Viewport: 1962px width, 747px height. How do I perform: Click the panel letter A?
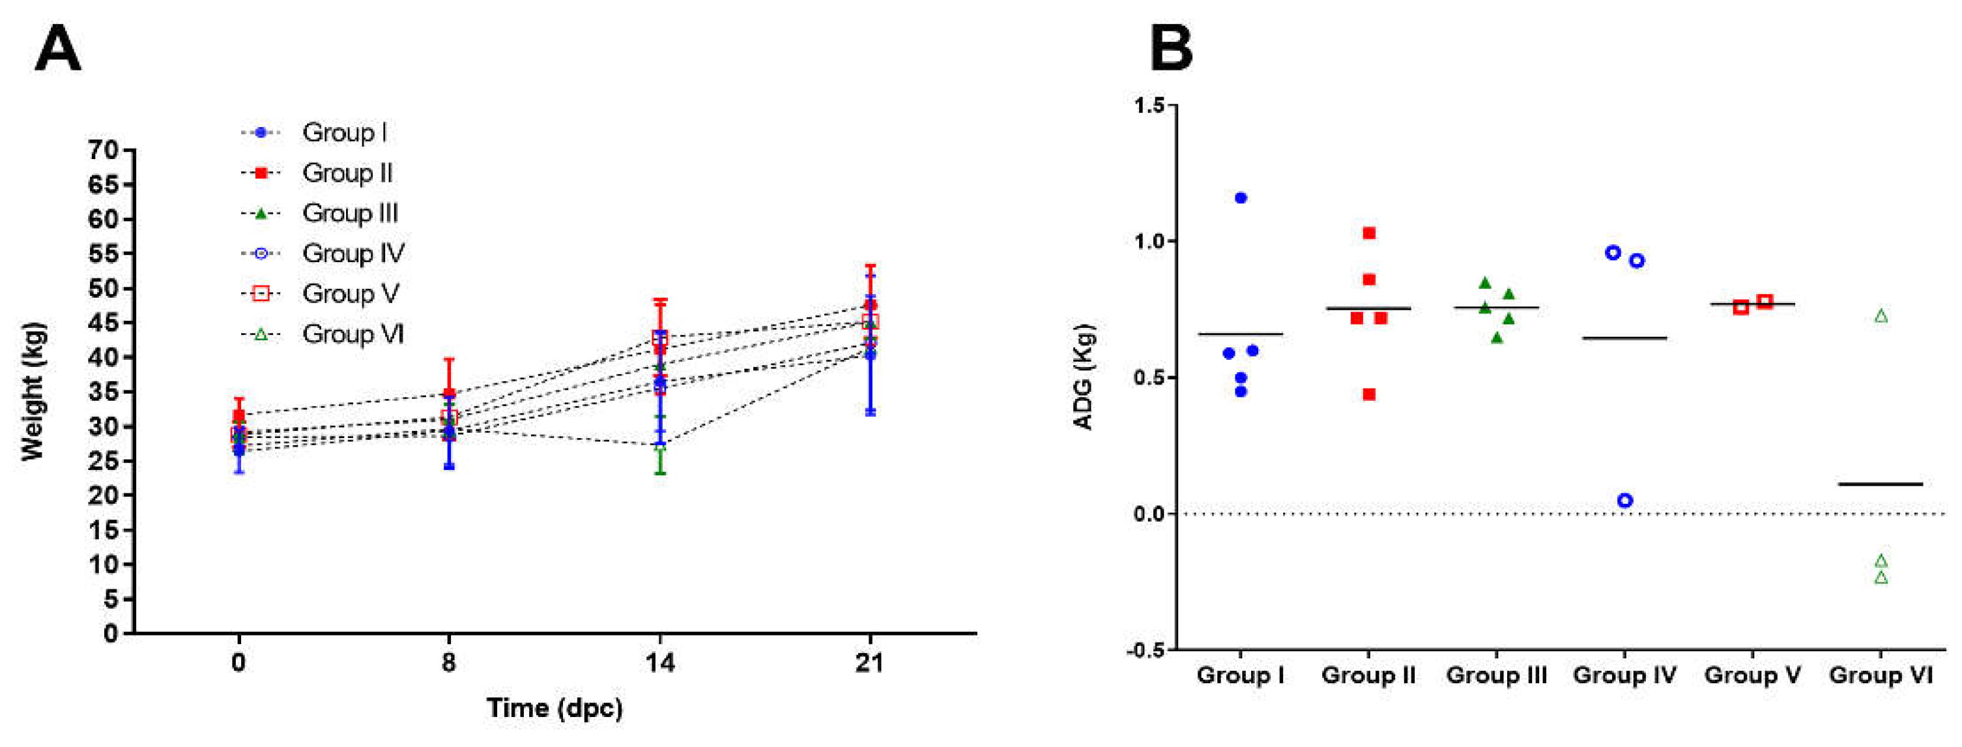point(58,49)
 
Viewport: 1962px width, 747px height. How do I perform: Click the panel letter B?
point(1171,49)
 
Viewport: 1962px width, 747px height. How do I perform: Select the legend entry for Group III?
point(350,213)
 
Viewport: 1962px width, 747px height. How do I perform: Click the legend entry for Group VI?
point(352,334)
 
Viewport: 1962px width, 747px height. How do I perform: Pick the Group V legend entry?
point(350,293)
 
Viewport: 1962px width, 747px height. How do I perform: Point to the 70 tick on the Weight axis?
point(104,150)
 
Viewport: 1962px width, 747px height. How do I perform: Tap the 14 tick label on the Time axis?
point(659,663)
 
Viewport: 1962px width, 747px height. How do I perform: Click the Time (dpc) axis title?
point(555,708)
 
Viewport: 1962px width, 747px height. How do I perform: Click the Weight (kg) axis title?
point(33,391)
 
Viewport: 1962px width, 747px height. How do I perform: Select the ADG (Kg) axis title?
point(1083,377)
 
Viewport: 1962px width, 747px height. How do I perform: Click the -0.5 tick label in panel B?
point(1146,649)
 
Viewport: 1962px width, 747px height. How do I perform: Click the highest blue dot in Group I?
point(1241,198)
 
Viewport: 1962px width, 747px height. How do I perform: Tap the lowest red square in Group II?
point(1368,394)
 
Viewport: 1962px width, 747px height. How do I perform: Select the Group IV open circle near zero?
point(1624,501)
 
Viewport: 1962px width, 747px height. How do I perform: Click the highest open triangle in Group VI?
point(1881,316)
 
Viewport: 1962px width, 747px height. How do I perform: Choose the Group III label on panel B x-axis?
point(1496,675)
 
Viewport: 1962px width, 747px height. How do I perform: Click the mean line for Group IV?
point(1624,338)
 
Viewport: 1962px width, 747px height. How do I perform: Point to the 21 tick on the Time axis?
point(869,663)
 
